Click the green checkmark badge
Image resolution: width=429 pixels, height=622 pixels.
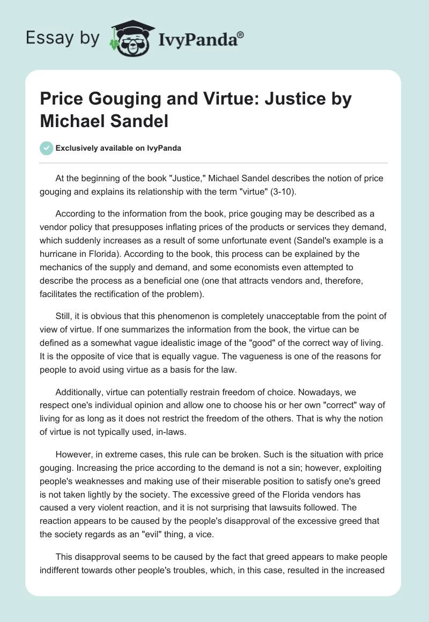[47, 148]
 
